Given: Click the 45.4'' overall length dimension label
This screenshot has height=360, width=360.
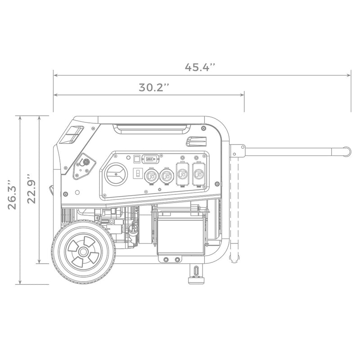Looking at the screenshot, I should point(200,67).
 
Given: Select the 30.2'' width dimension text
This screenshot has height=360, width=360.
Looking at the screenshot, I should point(153,88).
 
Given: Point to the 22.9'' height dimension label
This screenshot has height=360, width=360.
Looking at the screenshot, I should point(31,189).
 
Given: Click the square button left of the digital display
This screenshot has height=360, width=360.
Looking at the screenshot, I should point(137,158).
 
